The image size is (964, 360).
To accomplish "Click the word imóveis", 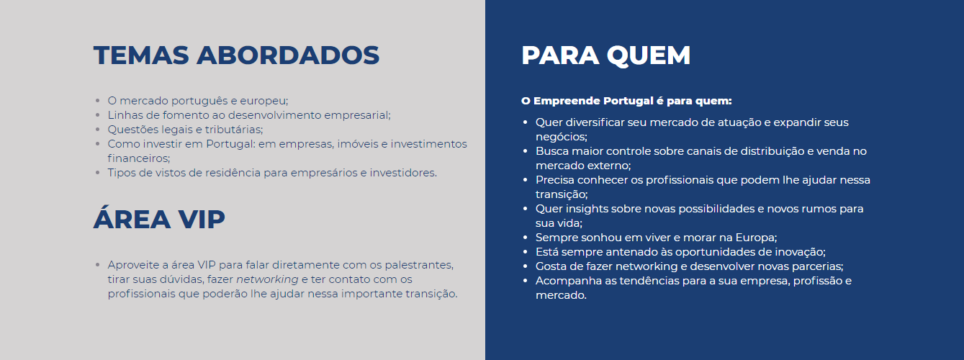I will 353,144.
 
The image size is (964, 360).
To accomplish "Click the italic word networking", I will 267,279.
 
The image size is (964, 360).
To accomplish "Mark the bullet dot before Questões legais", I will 97,130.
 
